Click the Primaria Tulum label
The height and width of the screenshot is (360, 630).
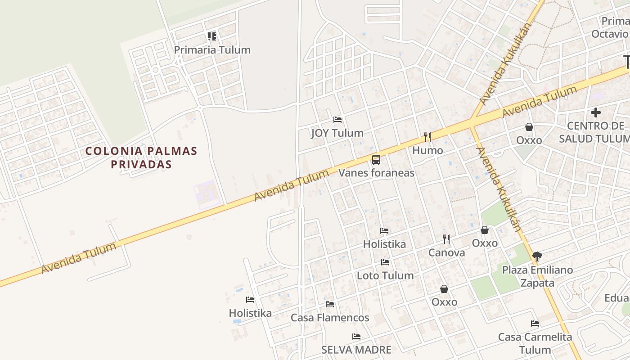[212, 50]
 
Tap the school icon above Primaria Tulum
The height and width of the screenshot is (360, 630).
[212, 36]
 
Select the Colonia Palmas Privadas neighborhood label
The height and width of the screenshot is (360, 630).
[141, 157]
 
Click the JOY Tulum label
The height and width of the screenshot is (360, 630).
[337, 133]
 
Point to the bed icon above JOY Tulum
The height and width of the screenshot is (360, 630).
[337, 120]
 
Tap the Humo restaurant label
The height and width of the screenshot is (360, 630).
[427, 150]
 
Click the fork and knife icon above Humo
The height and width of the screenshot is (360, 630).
[427, 137]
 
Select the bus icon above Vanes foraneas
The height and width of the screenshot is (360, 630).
[376, 159]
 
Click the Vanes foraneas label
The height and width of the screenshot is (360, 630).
[376, 173]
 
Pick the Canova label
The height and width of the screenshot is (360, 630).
[446, 253]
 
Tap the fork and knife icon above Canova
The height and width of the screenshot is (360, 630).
[446, 239]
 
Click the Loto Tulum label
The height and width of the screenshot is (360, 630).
[385, 275]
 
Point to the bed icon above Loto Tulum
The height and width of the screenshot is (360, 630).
[385, 262]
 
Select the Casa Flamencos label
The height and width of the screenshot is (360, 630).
[330, 318]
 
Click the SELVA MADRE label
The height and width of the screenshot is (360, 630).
[356, 350]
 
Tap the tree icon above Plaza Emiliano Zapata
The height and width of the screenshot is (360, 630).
[537, 256]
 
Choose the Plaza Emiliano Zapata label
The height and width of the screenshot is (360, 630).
[537, 276]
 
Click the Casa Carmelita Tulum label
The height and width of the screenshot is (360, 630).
[535, 343]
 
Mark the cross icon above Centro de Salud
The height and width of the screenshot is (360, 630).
[596, 112]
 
